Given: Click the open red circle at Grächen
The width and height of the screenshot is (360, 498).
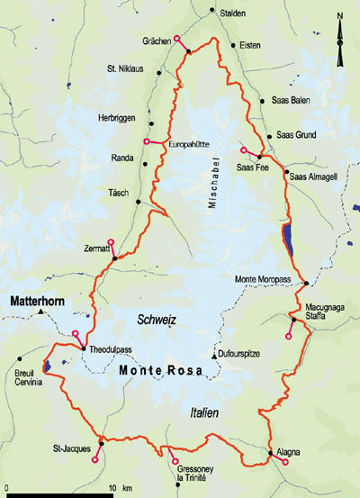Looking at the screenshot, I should (x=177, y=38).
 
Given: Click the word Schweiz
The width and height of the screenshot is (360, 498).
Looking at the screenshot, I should (x=155, y=321).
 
